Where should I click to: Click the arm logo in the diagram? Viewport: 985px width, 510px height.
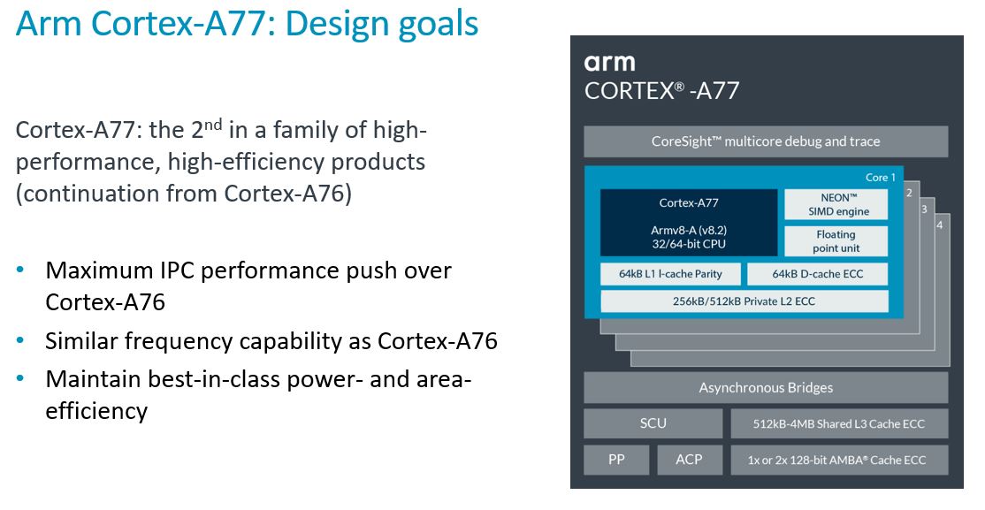(609, 62)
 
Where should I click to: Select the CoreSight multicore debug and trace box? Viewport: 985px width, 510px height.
(765, 141)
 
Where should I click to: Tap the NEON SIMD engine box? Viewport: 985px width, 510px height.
(837, 204)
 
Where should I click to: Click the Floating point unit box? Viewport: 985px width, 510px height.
(836, 241)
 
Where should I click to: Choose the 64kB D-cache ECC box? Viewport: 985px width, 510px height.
(817, 274)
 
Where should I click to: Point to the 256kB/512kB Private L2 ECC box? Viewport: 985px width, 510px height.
(744, 301)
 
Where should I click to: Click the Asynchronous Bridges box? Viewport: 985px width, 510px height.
(765, 387)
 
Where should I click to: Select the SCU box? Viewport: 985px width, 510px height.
(653, 423)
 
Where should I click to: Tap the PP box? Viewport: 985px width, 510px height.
(616, 460)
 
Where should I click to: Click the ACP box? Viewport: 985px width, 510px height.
(689, 460)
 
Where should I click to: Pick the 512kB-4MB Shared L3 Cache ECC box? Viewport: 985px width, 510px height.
(839, 423)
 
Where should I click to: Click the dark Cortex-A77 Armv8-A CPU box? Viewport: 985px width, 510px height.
(689, 223)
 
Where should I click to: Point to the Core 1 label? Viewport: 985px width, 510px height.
(880, 178)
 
